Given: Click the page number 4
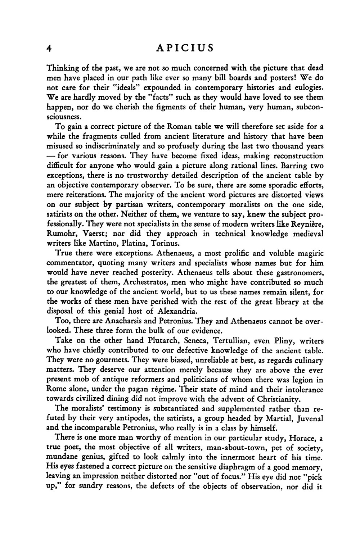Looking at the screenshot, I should pyautogui.click(x=50, y=48).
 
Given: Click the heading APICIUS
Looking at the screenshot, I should pyautogui.click(x=185, y=48).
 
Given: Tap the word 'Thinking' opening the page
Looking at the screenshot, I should pyautogui.click(x=61, y=68).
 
